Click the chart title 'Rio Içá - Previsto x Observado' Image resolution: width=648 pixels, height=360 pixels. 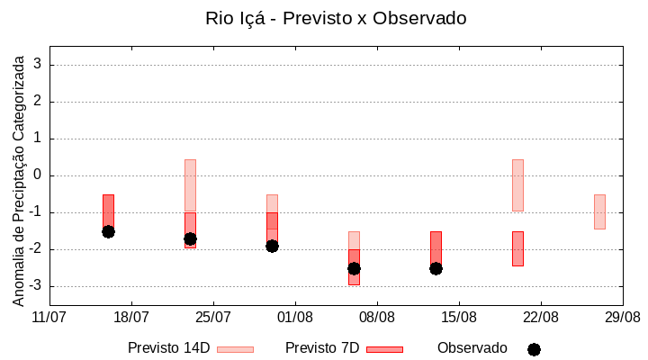(x=336, y=18)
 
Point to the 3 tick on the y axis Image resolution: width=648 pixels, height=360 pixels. (x=39, y=65)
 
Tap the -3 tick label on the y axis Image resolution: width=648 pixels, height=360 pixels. (x=35, y=286)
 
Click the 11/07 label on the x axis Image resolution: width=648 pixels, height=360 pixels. (x=49, y=317)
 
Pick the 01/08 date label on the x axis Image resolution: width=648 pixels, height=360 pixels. (x=295, y=317)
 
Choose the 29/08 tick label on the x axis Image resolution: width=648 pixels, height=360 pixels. (x=623, y=317)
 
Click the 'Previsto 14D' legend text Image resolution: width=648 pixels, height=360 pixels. (x=168, y=348)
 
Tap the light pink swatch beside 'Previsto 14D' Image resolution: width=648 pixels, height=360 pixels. (x=235, y=349)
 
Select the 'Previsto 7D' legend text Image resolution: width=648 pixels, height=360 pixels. (x=322, y=348)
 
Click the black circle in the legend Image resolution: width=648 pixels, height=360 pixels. (x=534, y=349)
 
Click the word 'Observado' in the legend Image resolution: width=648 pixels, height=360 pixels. (x=472, y=348)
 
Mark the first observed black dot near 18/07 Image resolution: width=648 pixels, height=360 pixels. (x=108, y=231)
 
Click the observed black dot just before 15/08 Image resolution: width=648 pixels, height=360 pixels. (x=436, y=268)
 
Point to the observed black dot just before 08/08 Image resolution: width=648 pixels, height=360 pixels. (x=354, y=268)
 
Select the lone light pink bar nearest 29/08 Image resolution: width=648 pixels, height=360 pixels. (x=599, y=211)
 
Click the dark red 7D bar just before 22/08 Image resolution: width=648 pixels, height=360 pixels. (x=517, y=248)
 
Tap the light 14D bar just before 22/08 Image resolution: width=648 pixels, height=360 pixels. (x=517, y=184)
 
